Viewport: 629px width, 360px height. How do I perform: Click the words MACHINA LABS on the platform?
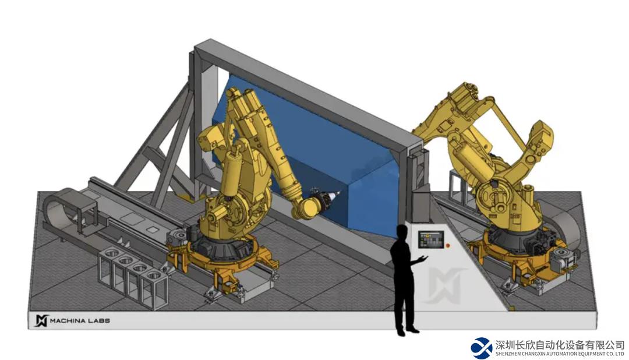pyautogui.click(x=80, y=320)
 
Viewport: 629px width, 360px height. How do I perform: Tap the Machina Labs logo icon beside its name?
pyautogui.click(x=41, y=320)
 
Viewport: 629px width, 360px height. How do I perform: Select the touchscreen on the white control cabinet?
pyautogui.click(x=431, y=239)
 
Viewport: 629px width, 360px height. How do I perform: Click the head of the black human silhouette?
pyautogui.click(x=402, y=233)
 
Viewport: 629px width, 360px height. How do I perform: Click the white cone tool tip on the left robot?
pyautogui.click(x=336, y=196)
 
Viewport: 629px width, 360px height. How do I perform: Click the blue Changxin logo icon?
pyautogui.click(x=482, y=348)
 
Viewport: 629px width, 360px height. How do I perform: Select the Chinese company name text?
pyautogui.click(x=560, y=345)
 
